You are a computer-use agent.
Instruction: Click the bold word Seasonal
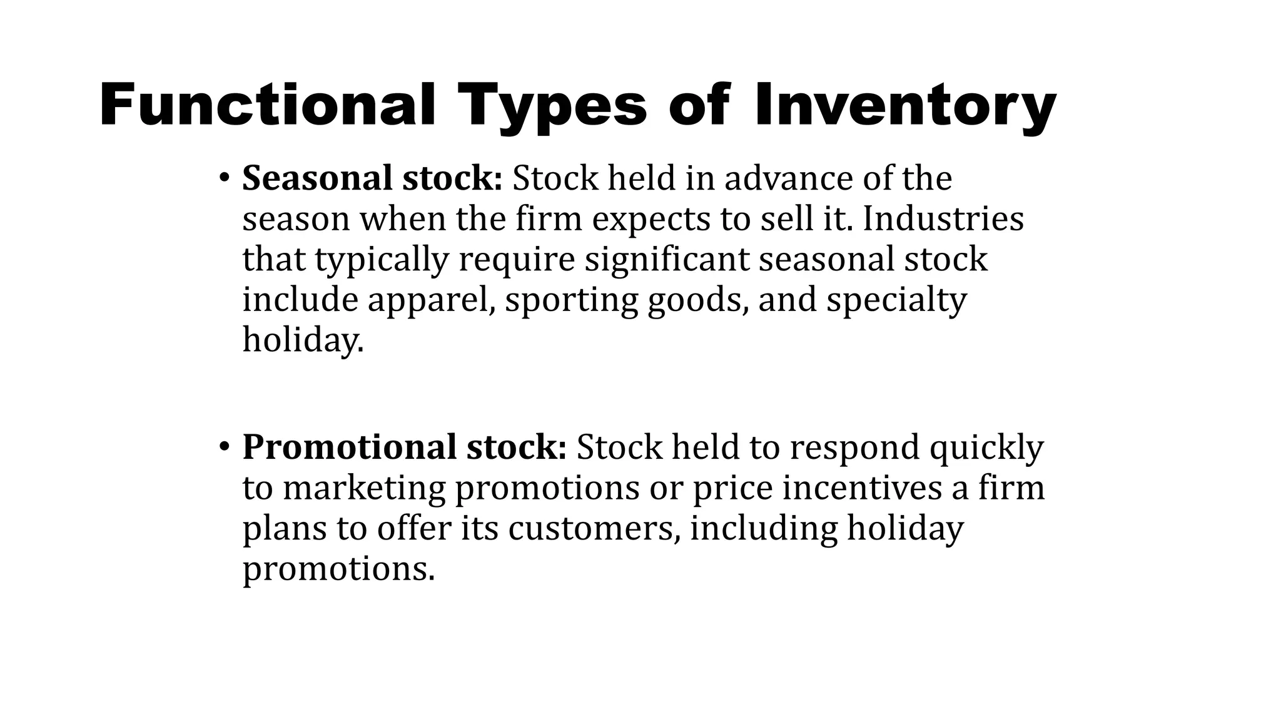tap(317, 178)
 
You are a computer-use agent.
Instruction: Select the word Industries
tap(943, 219)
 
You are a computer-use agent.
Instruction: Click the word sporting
tap(571, 300)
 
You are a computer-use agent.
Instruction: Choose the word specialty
tap(896, 300)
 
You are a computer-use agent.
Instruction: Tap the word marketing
tap(364, 488)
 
